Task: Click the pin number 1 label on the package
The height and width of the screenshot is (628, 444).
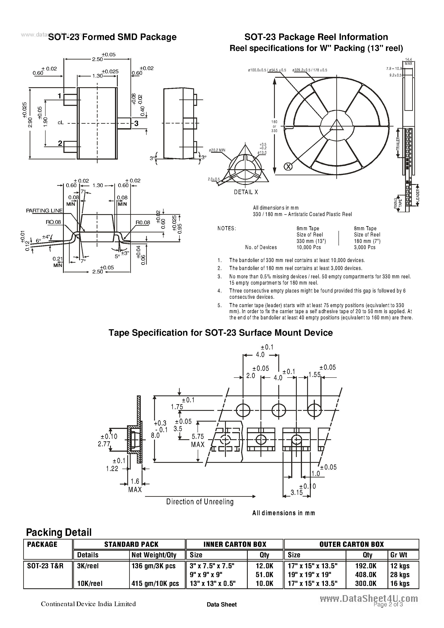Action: pyautogui.click(x=59, y=96)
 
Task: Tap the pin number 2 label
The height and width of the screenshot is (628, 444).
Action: pyautogui.click(x=60, y=143)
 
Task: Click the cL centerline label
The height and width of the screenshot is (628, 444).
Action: pyautogui.click(x=60, y=123)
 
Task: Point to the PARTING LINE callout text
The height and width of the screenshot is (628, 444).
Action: pyautogui.click(x=44, y=211)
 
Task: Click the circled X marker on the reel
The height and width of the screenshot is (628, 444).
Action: pyautogui.click(x=288, y=166)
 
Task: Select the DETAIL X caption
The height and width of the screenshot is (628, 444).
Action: pyautogui.click(x=246, y=192)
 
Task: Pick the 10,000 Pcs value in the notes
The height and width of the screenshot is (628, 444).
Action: pyautogui.click(x=309, y=247)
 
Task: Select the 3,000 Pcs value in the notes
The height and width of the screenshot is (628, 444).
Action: pyautogui.click(x=365, y=247)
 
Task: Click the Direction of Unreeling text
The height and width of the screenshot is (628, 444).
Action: pyautogui.click(x=200, y=502)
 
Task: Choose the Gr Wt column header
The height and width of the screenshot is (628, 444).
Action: pyautogui.click(x=399, y=555)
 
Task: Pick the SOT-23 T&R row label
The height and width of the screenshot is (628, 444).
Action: pyautogui.click(x=45, y=566)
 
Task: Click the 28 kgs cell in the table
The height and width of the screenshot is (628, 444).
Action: pyautogui.click(x=400, y=575)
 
